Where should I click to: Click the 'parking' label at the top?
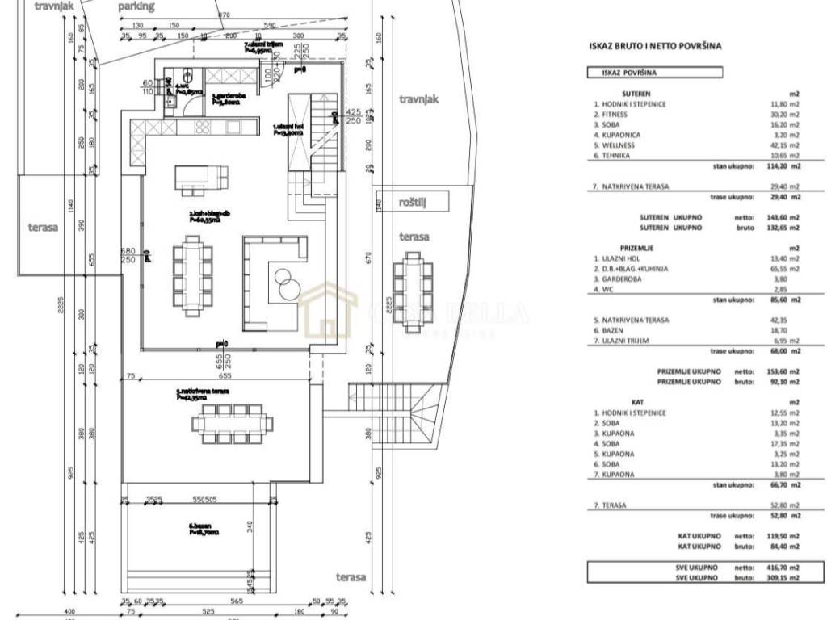coord(136,6)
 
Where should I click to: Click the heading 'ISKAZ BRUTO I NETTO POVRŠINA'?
coord(655,46)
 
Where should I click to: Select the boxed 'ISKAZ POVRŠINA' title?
coord(629,72)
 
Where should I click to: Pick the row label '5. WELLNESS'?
coord(618,145)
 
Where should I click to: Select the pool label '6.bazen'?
coord(197,526)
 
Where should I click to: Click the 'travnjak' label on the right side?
coord(418,99)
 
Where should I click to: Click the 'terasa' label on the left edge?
coord(40,228)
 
